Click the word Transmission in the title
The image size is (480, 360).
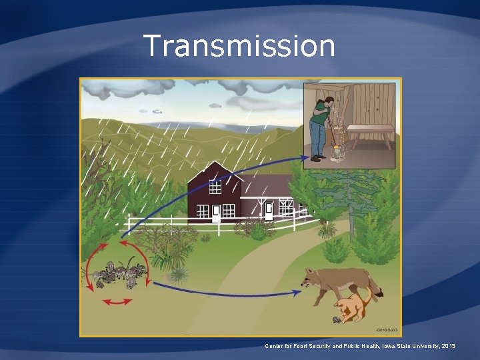(x=239, y=46)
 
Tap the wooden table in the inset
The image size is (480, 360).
(x=369, y=133)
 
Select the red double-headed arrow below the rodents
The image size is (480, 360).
(x=117, y=303)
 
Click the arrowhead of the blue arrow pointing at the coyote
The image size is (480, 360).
(x=296, y=292)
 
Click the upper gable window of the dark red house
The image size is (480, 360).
(x=215, y=187)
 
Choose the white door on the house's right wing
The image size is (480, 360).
(x=269, y=211)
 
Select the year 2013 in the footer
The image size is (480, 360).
(x=447, y=347)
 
